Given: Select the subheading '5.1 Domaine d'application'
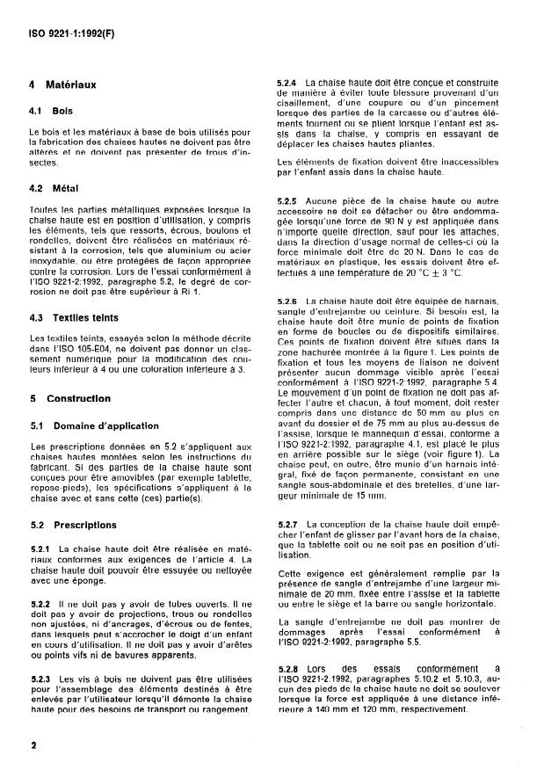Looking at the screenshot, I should click(89, 425).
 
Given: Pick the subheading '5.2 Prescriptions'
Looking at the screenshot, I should click(74, 526).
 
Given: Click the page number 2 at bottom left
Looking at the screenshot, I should click(32, 745).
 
